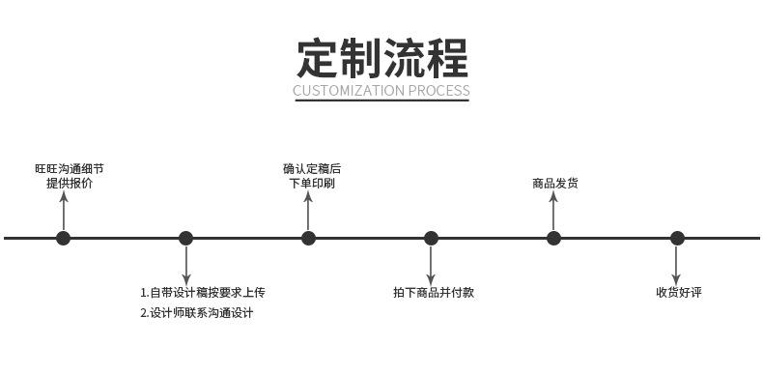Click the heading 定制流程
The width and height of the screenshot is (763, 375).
pyautogui.click(x=382, y=58)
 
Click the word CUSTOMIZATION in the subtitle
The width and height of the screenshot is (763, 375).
pyautogui.click(x=349, y=91)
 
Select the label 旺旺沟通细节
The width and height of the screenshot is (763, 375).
pyautogui.click(x=70, y=169)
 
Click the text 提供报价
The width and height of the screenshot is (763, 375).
pyautogui.click(x=70, y=184)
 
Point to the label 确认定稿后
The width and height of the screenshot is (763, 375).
pyautogui.click(x=312, y=169)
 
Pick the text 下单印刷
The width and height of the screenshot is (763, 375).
pyautogui.click(x=312, y=184)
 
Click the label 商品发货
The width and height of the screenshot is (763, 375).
pyautogui.click(x=555, y=184)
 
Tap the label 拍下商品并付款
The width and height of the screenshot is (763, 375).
pyautogui.click(x=434, y=292)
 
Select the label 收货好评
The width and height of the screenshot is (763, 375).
pyautogui.click(x=679, y=292)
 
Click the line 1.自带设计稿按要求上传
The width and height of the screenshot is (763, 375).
pyautogui.click(x=203, y=292)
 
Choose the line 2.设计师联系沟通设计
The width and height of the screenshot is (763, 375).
pyautogui.click(x=197, y=313)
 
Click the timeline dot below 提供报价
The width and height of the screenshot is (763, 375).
pyautogui.click(x=63, y=238)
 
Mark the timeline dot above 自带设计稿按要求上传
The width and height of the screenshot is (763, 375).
pyautogui.click(x=185, y=238)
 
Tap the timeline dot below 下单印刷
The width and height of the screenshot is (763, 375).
pyautogui.click(x=308, y=238)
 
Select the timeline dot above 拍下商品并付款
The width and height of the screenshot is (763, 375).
pyautogui.click(x=431, y=238)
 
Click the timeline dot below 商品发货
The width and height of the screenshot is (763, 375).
pyautogui.click(x=553, y=238)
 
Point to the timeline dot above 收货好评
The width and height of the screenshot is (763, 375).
pyautogui.click(x=677, y=238)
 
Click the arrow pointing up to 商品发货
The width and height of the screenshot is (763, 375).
pyautogui.click(x=553, y=211)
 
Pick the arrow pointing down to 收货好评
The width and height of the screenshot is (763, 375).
pyautogui.click(x=676, y=266)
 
